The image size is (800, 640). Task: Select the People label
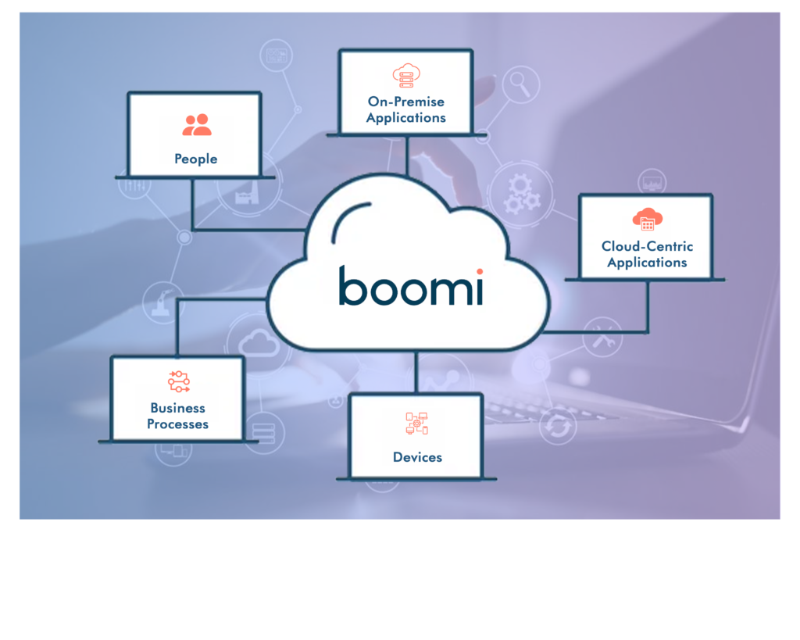(x=195, y=159)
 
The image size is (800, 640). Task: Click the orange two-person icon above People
(x=196, y=125)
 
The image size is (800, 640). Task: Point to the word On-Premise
(x=405, y=102)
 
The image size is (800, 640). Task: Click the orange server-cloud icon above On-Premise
(x=406, y=75)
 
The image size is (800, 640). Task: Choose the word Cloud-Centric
(x=647, y=246)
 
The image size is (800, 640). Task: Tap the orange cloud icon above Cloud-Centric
(x=647, y=220)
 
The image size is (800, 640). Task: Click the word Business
(x=177, y=408)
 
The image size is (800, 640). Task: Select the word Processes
(x=177, y=424)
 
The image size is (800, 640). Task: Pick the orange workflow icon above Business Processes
(x=179, y=381)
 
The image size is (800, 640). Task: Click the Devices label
(x=417, y=457)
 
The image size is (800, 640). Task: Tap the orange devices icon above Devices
(x=417, y=424)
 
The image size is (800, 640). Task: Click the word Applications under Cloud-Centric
(x=647, y=263)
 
